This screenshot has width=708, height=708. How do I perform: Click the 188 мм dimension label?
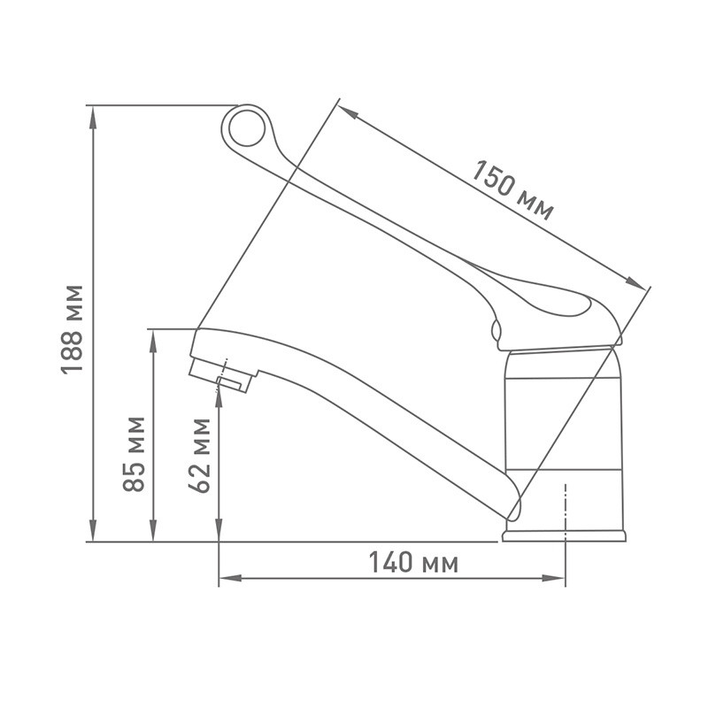pyautogui.click(x=72, y=329)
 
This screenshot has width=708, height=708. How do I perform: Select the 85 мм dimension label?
pyautogui.click(x=135, y=454)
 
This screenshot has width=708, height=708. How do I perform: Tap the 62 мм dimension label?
pyautogui.click(x=200, y=456)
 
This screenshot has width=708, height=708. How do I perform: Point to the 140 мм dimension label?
pyautogui.click(x=413, y=562)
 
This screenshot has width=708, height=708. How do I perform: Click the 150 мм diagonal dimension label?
pyautogui.click(x=512, y=190)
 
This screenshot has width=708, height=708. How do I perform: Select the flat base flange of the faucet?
pyautogui.click(x=564, y=536)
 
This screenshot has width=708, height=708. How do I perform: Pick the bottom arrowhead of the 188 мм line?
pyautogui.click(x=93, y=530)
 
